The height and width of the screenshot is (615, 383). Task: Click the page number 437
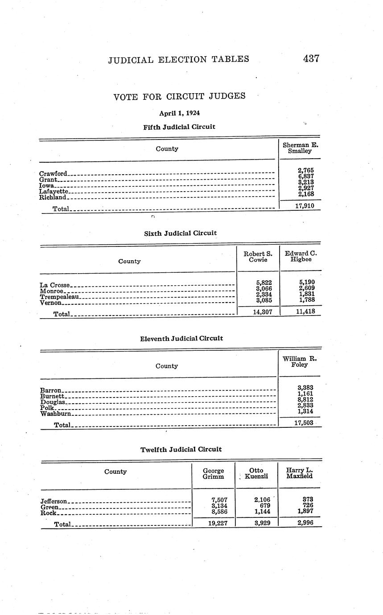click(311, 58)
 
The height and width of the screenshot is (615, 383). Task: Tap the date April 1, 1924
click(179, 113)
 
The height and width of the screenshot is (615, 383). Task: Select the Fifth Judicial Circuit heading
click(179, 127)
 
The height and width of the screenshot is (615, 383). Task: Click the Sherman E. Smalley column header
click(300, 148)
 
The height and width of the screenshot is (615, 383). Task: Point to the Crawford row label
click(53, 173)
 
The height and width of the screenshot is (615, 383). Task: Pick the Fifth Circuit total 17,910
click(305, 206)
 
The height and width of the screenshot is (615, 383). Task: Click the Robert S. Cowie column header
click(258, 257)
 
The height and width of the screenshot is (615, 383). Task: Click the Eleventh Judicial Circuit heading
click(181, 339)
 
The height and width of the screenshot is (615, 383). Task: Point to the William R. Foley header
click(299, 361)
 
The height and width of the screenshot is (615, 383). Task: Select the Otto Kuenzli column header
click(256, 473)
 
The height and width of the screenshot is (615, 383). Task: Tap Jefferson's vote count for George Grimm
click(219, 500)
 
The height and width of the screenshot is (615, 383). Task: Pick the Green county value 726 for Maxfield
click(308, 505)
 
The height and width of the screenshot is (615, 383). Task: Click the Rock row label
click(48, 513)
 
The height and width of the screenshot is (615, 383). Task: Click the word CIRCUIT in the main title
click(186, 96)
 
